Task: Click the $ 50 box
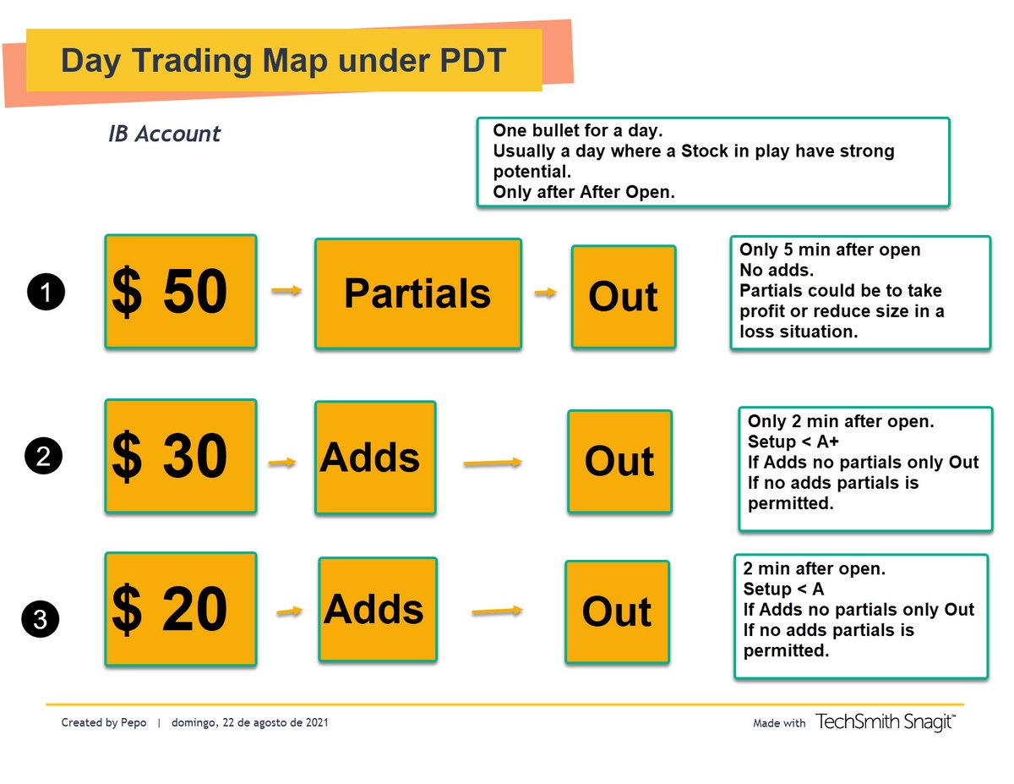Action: (180, 292)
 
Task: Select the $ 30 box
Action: (180, 456)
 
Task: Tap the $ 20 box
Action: (180, 608)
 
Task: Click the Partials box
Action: (417, 293)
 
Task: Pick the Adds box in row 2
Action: (375, 458)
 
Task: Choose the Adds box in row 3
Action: (377, 609)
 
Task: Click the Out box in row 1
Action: (623, 296)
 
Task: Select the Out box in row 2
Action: (619, 461)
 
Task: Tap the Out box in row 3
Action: (617, 611)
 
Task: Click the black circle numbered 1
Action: (47, 293)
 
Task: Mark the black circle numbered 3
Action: (41, 620)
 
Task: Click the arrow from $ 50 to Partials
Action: (286, 291)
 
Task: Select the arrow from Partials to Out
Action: (546, 293)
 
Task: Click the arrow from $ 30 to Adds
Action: (282, 462)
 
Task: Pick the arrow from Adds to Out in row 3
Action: (496, 611)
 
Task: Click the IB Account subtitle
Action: (164, 134)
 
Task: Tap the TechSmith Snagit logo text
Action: (885, 721)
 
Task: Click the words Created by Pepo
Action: (104, 723)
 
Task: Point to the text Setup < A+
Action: (787, 441)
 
